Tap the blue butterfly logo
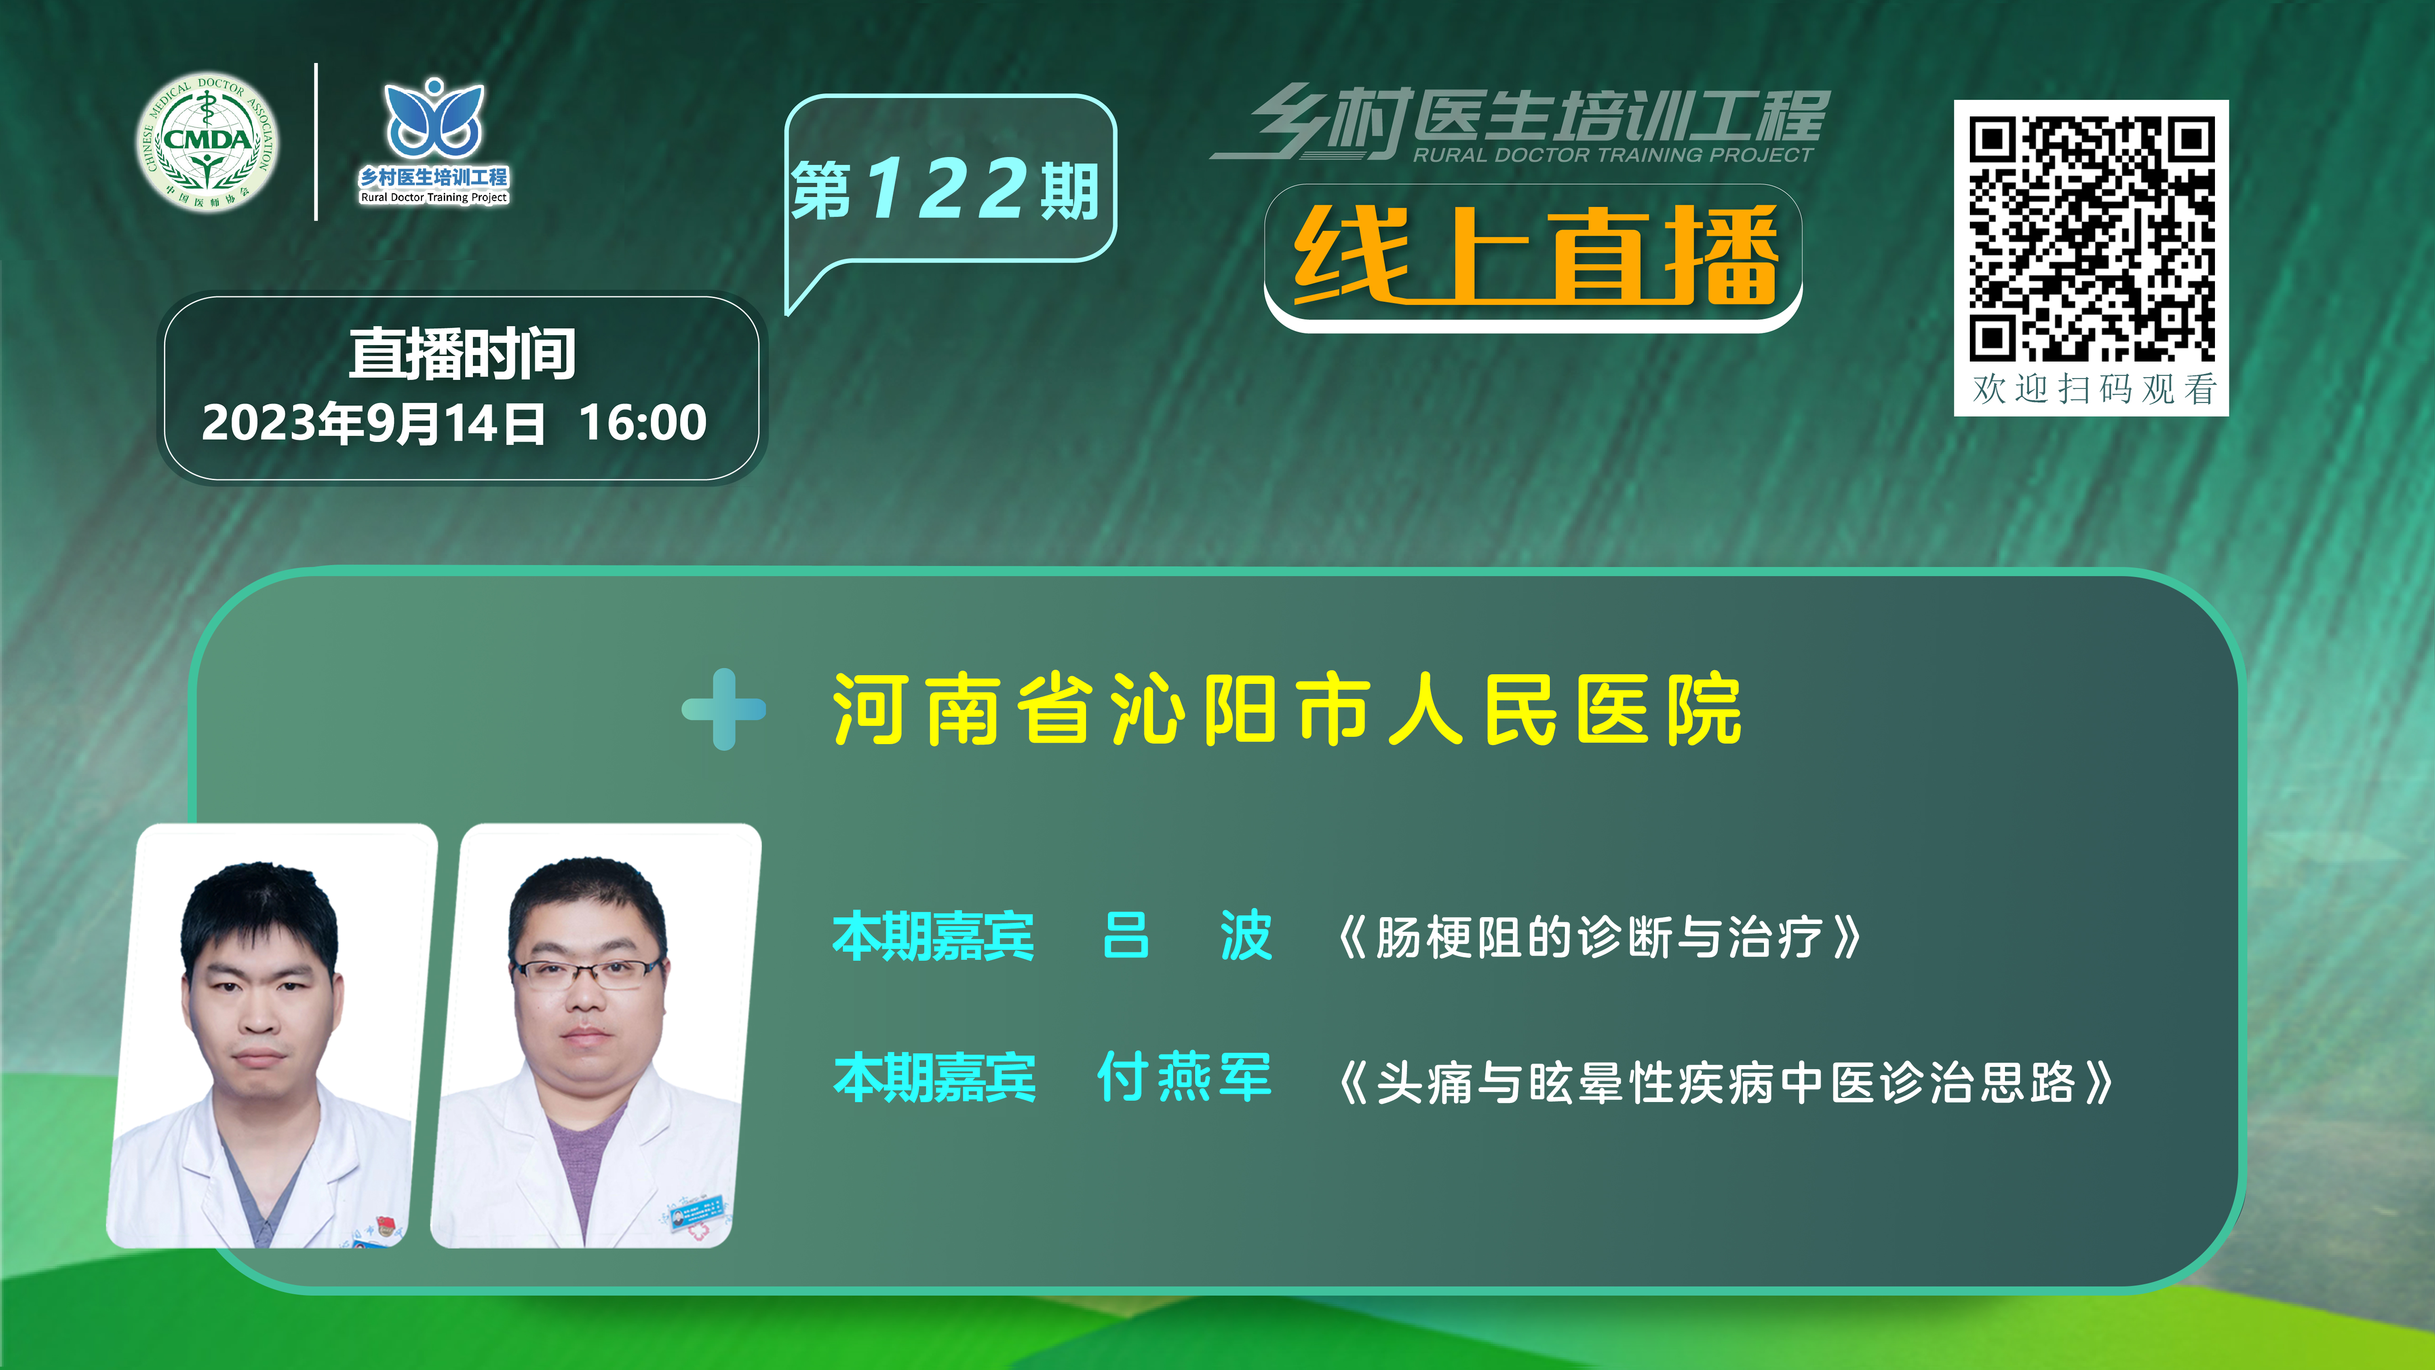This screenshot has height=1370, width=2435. click(434, 118)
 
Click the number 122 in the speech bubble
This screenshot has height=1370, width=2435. click(945, 188)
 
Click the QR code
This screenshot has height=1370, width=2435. click(2091, 238)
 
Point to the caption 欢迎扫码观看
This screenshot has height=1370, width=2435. click(2094, 388)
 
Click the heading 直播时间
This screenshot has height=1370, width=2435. click(462, 354)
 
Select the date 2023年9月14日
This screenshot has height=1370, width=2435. click(373, 423)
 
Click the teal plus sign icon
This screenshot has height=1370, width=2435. click(724, 709)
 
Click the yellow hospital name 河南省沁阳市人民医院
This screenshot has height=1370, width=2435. click(1286, 709)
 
